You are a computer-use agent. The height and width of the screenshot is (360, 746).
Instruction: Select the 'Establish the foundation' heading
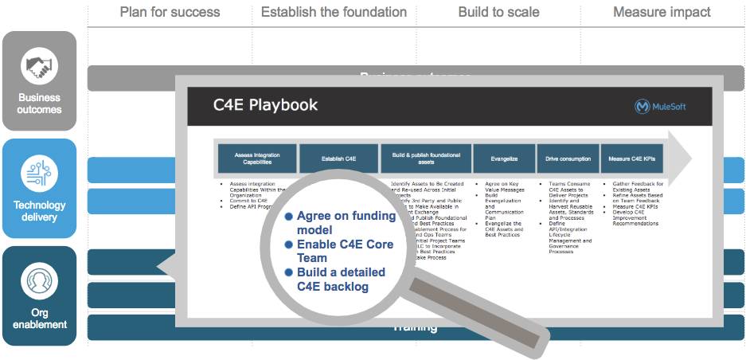(334, 12)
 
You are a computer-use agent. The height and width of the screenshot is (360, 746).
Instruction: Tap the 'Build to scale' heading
(498, 12)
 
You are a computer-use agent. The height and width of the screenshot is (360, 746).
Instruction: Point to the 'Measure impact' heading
(662, 12)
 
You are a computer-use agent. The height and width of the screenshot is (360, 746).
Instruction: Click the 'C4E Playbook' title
(265, 104)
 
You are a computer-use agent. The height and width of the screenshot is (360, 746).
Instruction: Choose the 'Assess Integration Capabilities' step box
(257, 158)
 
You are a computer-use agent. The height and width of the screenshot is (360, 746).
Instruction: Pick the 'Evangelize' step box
(504, 158)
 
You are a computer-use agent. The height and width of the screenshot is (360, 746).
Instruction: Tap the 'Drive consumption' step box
(567, 158)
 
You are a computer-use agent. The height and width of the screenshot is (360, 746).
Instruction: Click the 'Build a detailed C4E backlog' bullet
(340, 279)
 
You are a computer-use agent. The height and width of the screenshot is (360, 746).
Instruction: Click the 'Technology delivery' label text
(39, 211)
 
